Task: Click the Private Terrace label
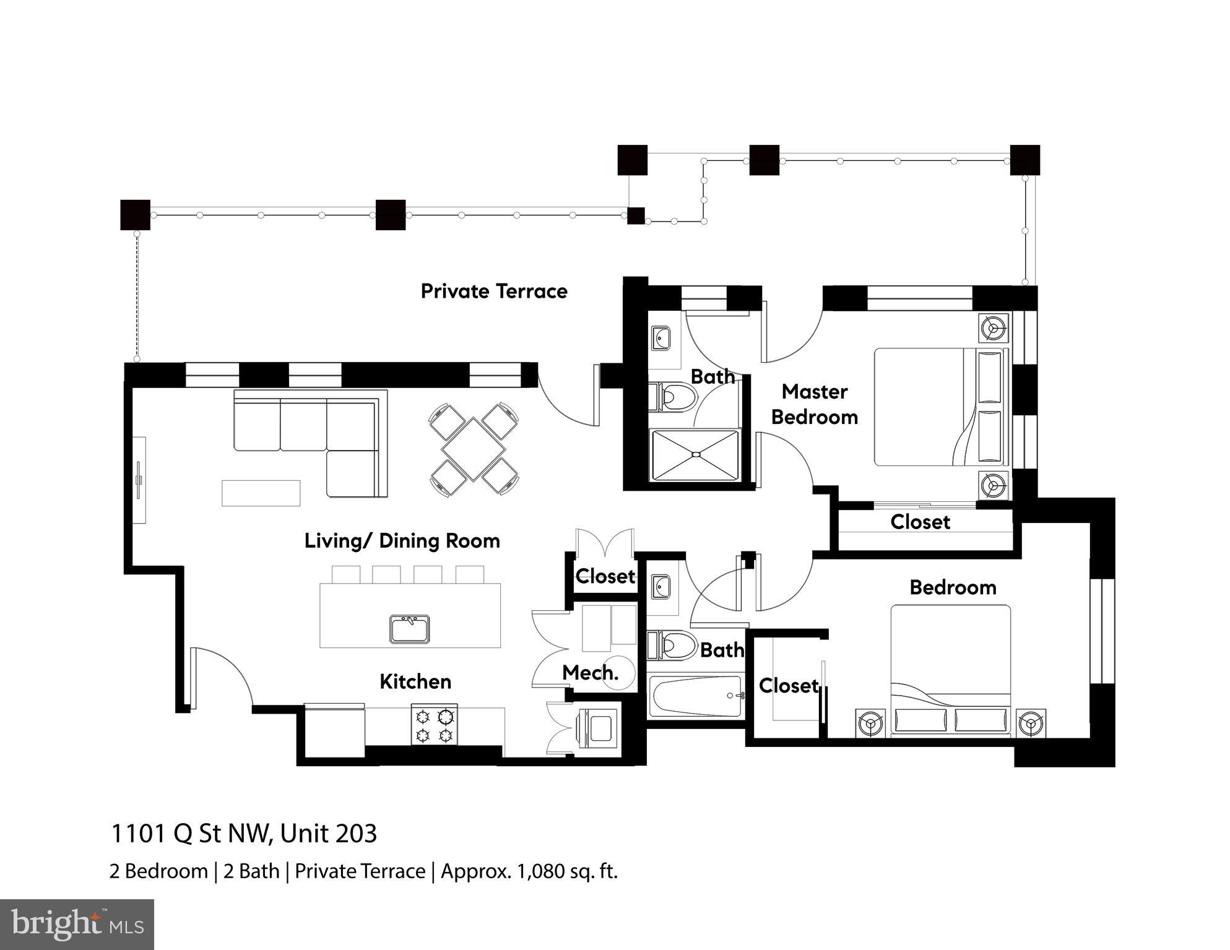pos(494,291)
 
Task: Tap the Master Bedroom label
pos(814,404)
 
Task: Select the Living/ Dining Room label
pos(402,541)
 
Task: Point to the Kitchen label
pos(415,681)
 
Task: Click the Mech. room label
pos(590,672)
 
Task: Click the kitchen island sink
pos(409,628)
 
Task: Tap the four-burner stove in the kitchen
pos(435,725)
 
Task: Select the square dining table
pos(474,449)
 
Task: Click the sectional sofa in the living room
pos(311,443)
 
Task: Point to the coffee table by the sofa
pos(261,493)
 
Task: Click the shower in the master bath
pos(696,455)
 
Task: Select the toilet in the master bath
pos(672,397)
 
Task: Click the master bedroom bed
pos(942,407)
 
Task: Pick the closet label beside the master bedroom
pos(920,522)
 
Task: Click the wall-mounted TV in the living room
pos(139,480)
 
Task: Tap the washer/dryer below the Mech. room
pos(597,728)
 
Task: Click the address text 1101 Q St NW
pos(191,834)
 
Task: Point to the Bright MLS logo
pos(77,924)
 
